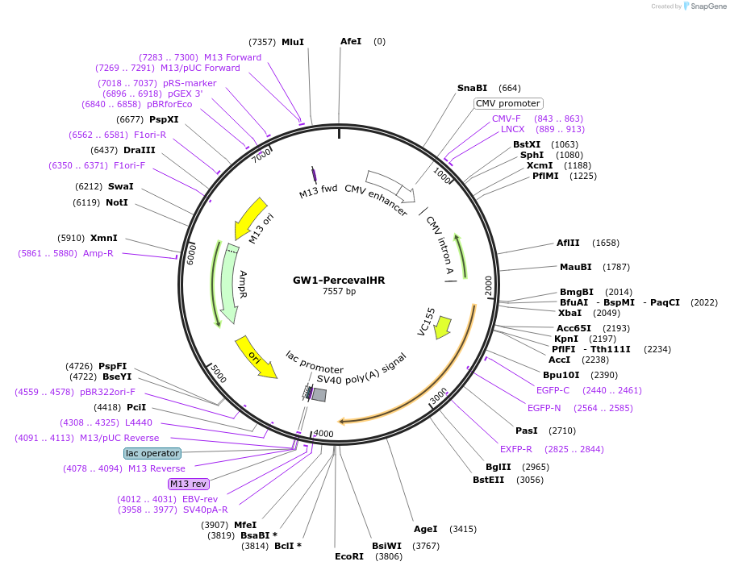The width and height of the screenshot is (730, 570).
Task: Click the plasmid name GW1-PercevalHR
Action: [x=339, y=280]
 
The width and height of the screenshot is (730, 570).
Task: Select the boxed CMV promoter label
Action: [x=508, y=103]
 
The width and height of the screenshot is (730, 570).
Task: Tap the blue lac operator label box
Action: [x=152, y=453]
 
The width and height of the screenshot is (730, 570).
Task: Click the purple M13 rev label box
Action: [x=189, y=484]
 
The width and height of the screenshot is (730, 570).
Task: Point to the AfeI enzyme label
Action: [x=351, y=41]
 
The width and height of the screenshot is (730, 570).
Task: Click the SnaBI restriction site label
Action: [x=472, y=88]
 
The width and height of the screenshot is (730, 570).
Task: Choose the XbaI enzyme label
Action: [x=569, y=313]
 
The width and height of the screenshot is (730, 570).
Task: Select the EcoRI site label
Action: [x=349, y=556]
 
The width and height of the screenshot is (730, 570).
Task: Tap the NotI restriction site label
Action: [x=117, y=202]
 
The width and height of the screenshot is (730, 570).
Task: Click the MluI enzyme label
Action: [x=293, y=42]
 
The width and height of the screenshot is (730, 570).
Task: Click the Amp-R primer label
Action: [x=98, y=253]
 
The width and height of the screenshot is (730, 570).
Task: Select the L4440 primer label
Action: [x=139, y=422]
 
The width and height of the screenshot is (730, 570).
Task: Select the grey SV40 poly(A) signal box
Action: [x=319, y=394]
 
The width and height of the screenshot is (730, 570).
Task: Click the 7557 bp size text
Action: [x=339, y=292]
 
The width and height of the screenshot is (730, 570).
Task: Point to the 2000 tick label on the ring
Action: [x=488, y=284]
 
